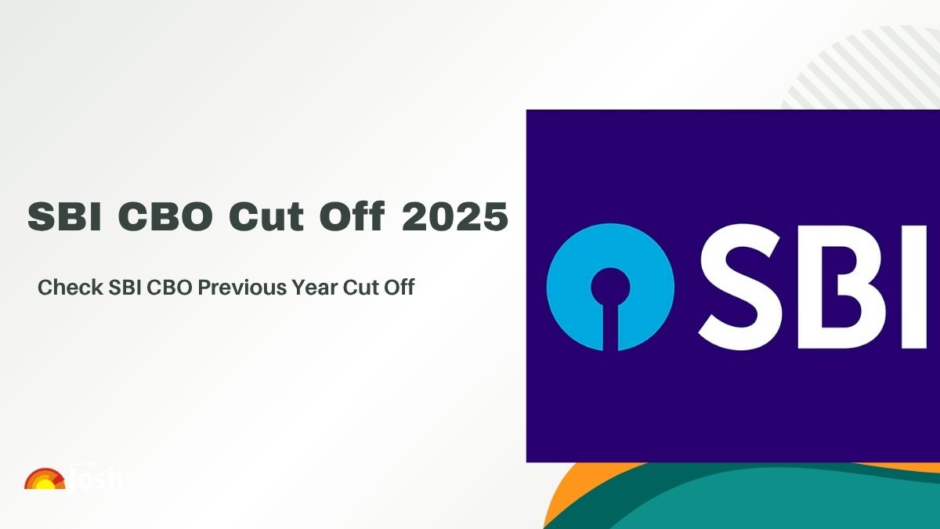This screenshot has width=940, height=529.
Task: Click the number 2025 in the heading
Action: [454, 216]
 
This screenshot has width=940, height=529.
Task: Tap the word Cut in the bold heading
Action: [261, 216]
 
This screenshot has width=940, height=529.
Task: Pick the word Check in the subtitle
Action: [66, 288]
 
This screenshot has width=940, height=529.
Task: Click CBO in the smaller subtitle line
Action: [165, 288]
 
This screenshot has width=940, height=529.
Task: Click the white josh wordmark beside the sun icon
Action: [99, 478]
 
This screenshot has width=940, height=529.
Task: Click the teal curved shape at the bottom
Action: [752, 502]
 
